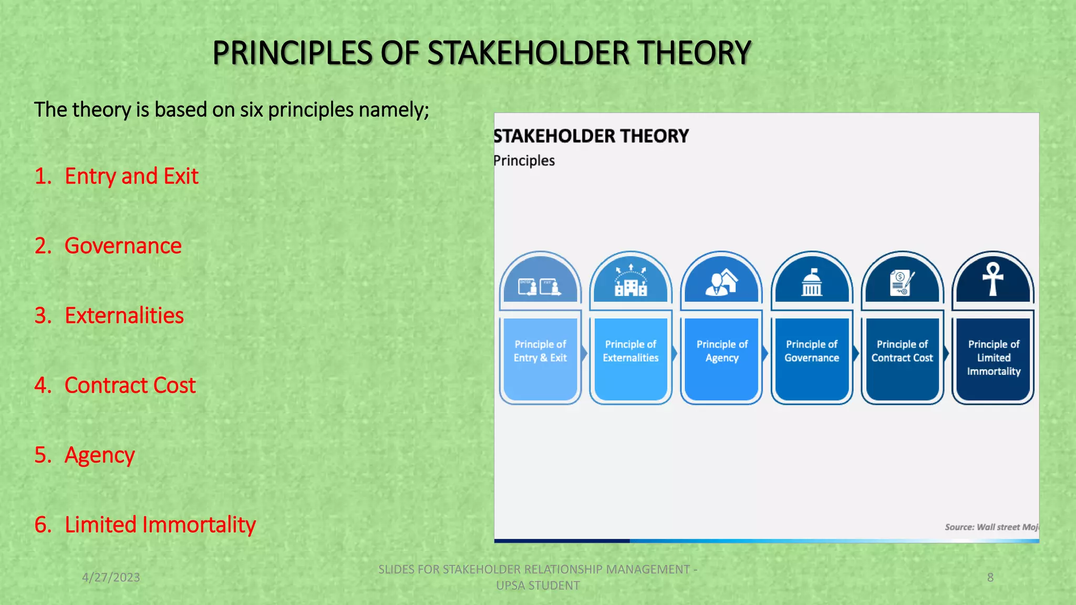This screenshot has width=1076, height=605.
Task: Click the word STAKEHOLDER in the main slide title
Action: coord(528,53)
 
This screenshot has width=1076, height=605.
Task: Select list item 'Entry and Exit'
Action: coord(131,176)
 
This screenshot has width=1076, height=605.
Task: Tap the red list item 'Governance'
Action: coord(122,246)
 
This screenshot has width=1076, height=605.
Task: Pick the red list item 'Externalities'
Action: coord(124,316)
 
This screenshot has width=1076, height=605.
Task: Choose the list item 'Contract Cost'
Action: coord(130,385)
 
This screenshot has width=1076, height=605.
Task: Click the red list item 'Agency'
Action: coord(99,455)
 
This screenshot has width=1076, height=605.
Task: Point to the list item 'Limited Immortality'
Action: coord(160,525)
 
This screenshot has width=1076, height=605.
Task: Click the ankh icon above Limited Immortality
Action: coord(992,279)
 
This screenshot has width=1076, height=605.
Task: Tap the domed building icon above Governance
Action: coord(811,283)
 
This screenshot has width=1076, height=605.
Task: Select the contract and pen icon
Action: coord(902,283)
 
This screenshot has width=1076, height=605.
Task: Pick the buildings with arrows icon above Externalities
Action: coord(630,281)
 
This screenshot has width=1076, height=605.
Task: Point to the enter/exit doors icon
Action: coord(540,287)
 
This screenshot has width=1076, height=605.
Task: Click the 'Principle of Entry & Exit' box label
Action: coord(540,351)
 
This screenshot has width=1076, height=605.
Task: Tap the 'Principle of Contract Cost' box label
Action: coord(902,351)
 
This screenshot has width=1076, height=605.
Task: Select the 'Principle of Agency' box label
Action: coord(722,351)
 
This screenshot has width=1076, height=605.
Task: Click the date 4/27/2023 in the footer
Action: coord(111,577)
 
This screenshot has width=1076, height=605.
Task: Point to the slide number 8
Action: coord(990,577)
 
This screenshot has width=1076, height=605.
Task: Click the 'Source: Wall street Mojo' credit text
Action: coord(991,527)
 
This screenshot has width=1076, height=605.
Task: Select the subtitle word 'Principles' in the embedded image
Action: coord(524,161)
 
